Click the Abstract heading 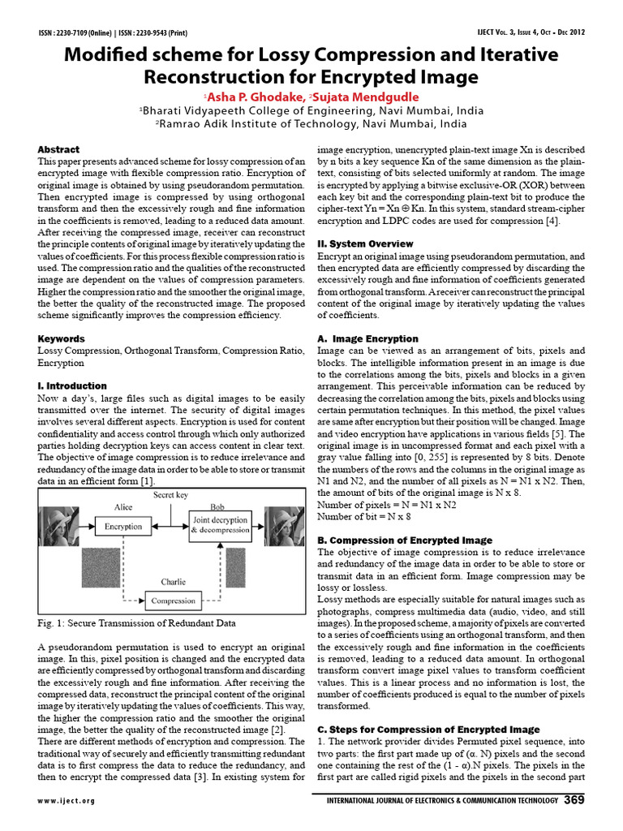58,149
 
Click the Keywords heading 62,338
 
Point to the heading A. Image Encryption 363,338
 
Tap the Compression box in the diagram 174,601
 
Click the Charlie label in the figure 173,581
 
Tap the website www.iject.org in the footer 66,801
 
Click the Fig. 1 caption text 136,623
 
